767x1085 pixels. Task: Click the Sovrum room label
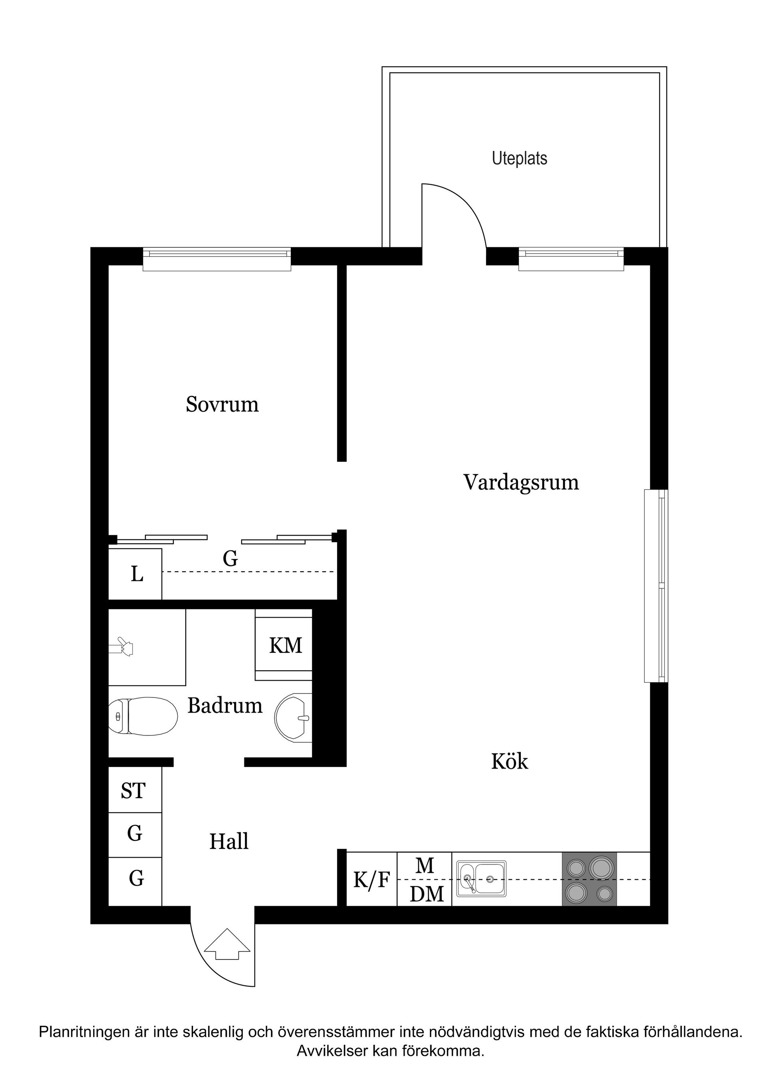222,405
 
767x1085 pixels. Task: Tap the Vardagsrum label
521,483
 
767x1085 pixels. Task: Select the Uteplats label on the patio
519,158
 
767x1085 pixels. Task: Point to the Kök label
509,762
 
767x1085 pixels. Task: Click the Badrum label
225,705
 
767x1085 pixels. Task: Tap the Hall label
229,842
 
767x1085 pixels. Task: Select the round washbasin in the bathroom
293,717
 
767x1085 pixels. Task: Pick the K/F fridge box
372,880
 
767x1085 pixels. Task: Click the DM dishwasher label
426,894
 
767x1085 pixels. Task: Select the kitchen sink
481,879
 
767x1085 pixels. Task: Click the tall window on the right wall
656,586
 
